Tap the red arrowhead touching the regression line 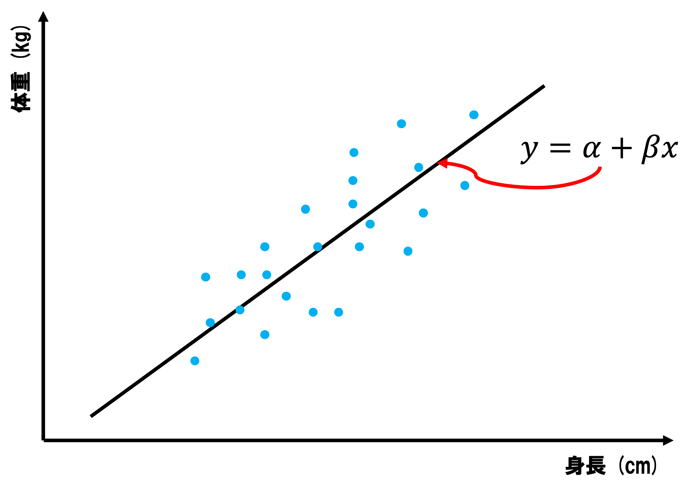point(443,163)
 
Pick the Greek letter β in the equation point(650,149)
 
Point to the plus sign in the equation point(622,148)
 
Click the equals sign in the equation point(560,148)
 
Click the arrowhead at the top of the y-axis point(43,17)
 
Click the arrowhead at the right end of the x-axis point(668,440)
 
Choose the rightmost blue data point point(474,115)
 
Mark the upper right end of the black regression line point(544,86)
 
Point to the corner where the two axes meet point(43,440)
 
